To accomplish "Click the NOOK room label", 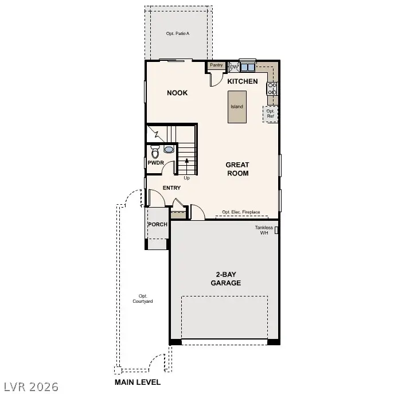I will click(177, 93).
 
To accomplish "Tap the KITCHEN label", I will click(243, 81).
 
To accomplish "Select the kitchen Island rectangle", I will click(237, 107).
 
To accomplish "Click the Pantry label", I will click(216, 65).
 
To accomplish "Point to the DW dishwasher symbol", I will click(233, 67).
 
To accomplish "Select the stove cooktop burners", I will click(272, 88).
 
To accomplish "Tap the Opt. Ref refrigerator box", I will click(270, 114).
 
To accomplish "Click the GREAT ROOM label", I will click(237, 169).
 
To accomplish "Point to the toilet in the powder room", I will click(155, 153).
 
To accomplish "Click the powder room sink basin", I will click(169, 150).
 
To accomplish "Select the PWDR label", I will click(155, 163).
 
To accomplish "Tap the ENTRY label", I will click(171, 188).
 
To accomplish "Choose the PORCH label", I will click(158, 224).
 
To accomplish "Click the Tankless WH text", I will click(263, 230).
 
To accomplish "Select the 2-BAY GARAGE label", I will click(225, 279).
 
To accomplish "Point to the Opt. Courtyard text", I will click(142, 298).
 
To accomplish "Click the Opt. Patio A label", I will click(178, 34).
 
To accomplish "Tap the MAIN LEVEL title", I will click(138, 382).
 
